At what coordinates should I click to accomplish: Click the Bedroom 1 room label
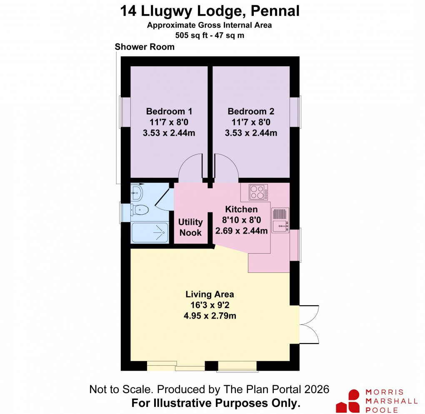(x=169, y=112)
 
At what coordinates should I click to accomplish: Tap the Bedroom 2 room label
(x=251, y=112)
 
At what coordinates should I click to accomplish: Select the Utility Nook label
(x=191, y=227)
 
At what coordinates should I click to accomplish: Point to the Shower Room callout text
(x=145, y=47)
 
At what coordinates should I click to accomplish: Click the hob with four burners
(x=258, y=192)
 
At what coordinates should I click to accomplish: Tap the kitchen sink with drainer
(x=280, y=220)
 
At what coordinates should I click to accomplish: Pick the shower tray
(x=149, y=232)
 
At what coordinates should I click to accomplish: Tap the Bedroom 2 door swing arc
(x=226, y=167)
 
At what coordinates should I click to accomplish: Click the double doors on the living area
(x=309, y=324)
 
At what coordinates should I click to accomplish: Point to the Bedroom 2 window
(x=295, y=112)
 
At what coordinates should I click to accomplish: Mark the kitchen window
(x=295, y=245)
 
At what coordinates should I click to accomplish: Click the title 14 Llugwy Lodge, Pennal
(x=210, y=11)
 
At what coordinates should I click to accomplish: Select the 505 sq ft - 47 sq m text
(x=210, y=35)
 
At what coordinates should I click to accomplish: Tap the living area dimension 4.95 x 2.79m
(x=210, y=316)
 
